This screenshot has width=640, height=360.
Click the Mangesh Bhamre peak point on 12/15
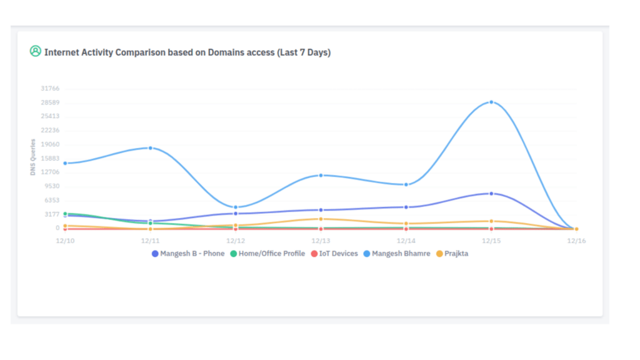click(x=491, y=102)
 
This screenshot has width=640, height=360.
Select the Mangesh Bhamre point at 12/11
click(x=151, y=148)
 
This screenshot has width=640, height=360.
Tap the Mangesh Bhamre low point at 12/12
click(x=236, y=207)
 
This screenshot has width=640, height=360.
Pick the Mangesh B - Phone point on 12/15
click(x=491, y=194)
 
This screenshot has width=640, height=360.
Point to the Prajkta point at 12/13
click(x=321, y=219)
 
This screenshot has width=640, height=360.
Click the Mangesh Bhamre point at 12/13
click(x=321, y=176)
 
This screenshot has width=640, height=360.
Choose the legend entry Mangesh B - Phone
click(x=188, y=254)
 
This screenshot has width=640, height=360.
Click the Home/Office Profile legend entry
click(x=267, y=254)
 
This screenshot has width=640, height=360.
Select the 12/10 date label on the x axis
click(x=64, y=241)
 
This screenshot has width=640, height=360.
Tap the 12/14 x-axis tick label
click(x=406, y=241)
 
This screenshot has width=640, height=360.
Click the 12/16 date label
click(x=576, y=241)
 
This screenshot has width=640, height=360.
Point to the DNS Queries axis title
click(x=33, y=157)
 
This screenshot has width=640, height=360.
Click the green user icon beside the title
click(x=36, y=52)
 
